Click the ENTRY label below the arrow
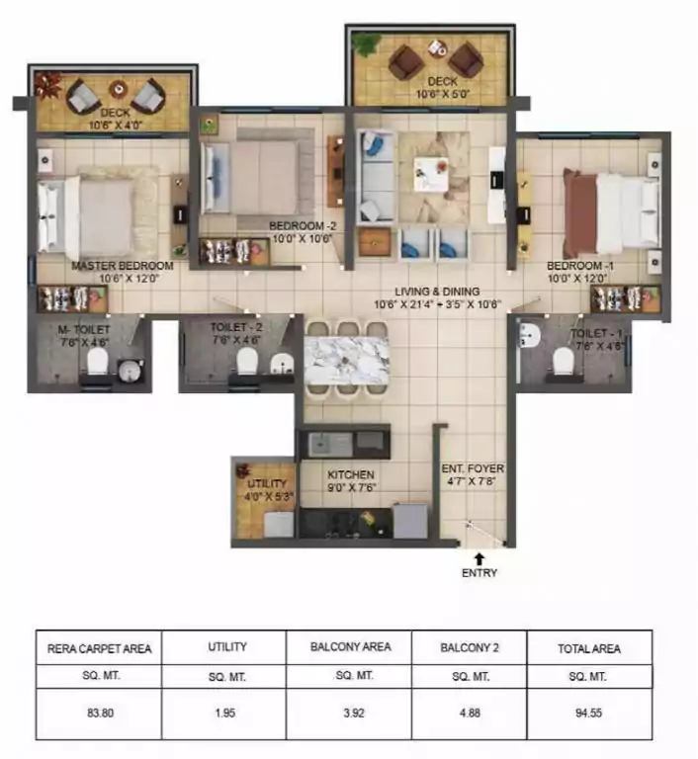479,573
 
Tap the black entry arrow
479,558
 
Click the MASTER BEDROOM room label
122,266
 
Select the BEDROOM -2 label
303,226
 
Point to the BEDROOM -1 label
581,266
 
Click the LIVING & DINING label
437,292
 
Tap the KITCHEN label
350,474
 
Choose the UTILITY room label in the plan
265,484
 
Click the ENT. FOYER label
470,470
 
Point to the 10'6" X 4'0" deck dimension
116,125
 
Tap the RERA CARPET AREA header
99,648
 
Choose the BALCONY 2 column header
470,647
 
